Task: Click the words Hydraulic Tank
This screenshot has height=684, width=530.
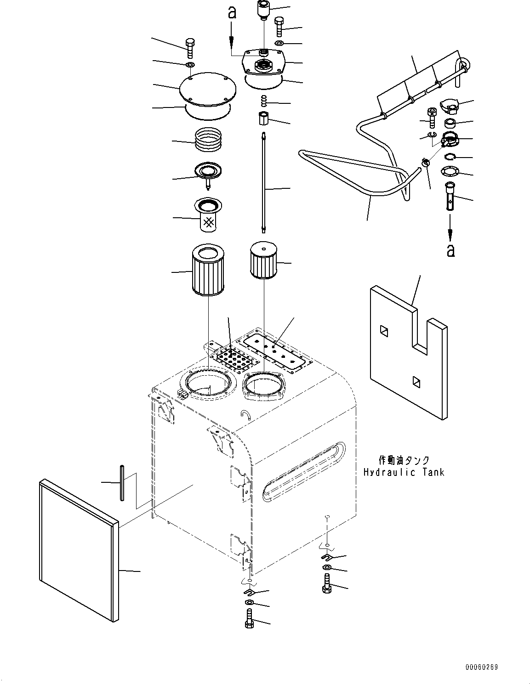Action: pos(404,481)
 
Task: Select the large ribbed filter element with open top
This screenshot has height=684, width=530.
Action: pos(207,271)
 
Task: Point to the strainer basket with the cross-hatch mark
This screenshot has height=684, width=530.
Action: pos(209,215)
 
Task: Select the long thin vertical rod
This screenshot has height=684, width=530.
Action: pos(264,182)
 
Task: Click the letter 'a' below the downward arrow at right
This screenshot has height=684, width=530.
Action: pos(451,250)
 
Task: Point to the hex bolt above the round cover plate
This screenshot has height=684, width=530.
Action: pos(190,49)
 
